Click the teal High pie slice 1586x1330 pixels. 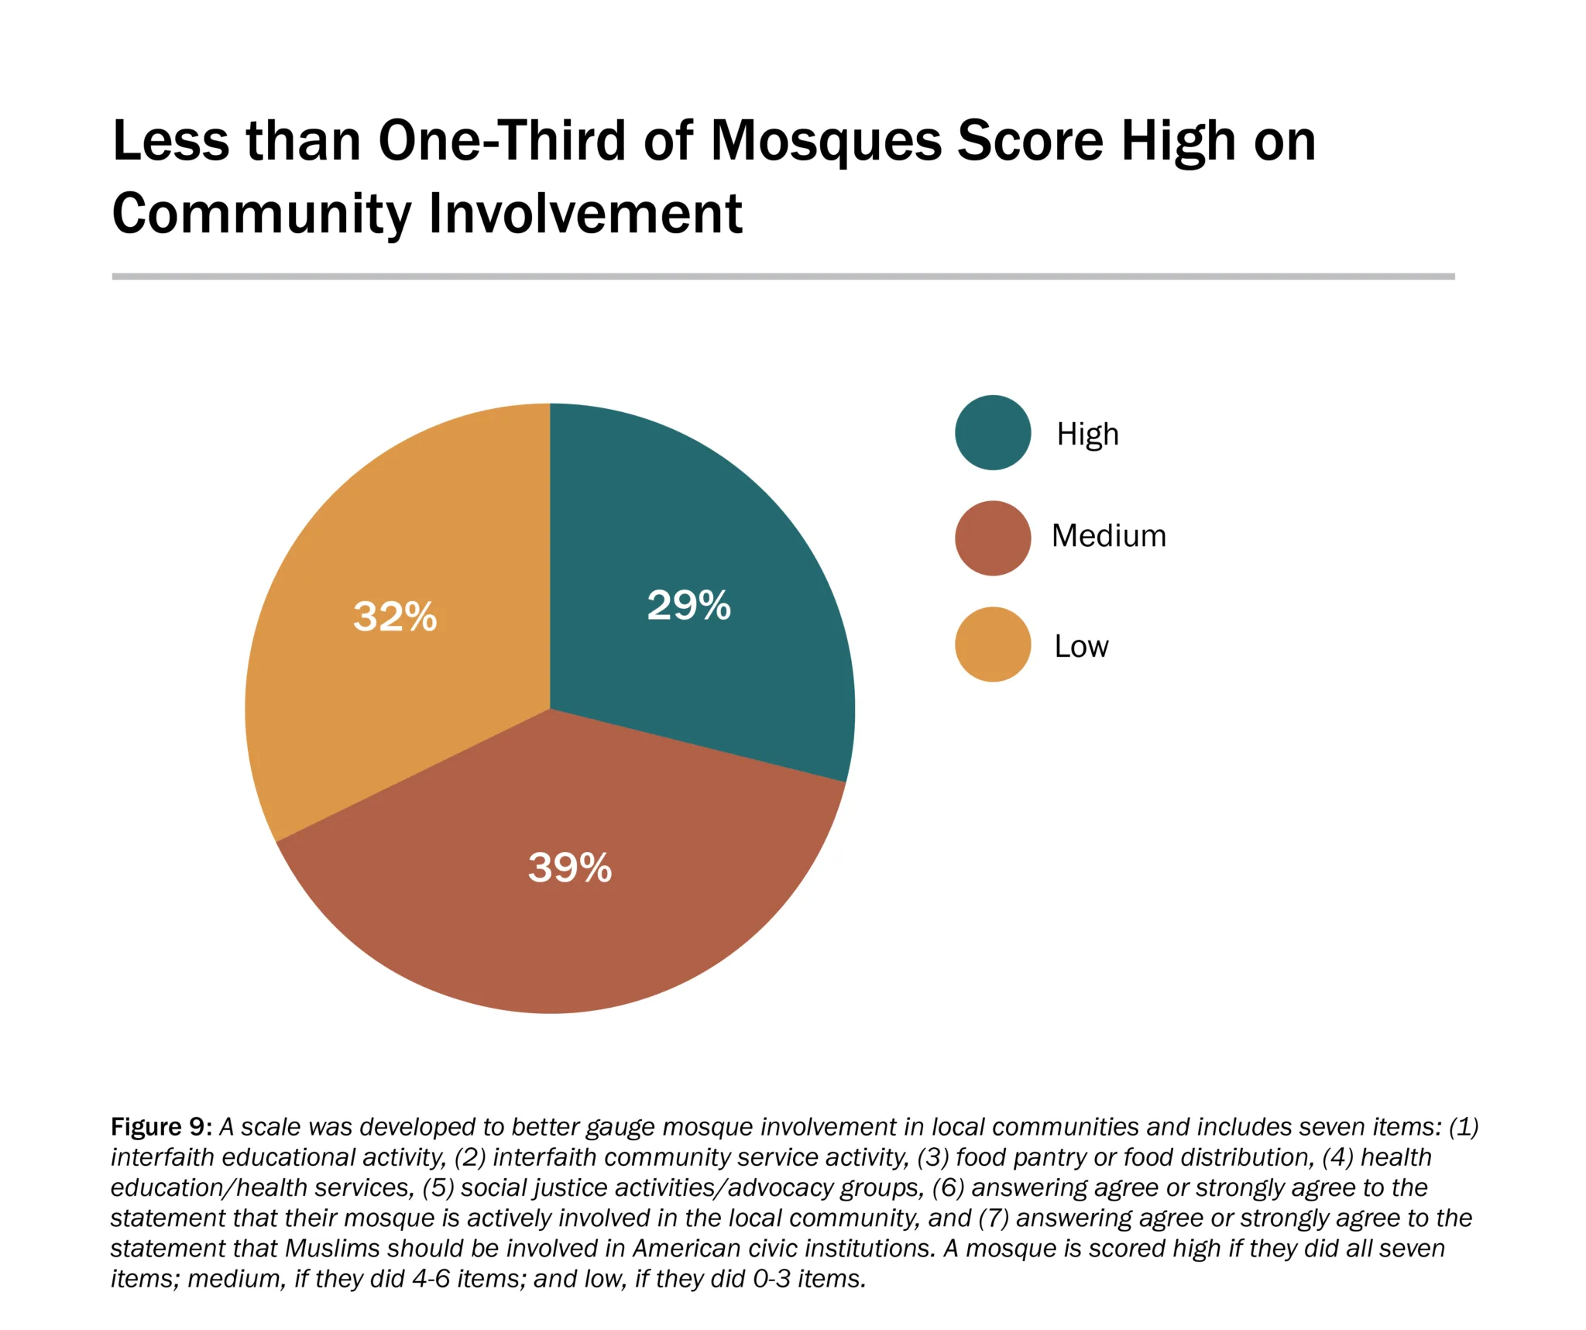tap(720, 542)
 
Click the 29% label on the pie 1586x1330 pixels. tap(688, 605)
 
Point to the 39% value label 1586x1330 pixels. tap(570, 867)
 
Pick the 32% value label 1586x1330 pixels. tap(395, 617)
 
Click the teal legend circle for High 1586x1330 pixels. tap(993, 433)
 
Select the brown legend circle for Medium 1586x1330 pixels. tap(993, 538)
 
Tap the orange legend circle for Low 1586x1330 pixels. tap(993, 644)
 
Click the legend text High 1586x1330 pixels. tap(1087, 435)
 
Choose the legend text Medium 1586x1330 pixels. tap(1108, 536)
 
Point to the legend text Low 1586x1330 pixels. tap(1081, 646)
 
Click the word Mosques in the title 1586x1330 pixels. tap(826, 141)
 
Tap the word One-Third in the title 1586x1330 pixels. tap(502, 141)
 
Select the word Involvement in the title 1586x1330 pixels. tap(585, 213)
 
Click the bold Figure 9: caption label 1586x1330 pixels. tap(161, 1126)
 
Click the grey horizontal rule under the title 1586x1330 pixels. tap(782, 276)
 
